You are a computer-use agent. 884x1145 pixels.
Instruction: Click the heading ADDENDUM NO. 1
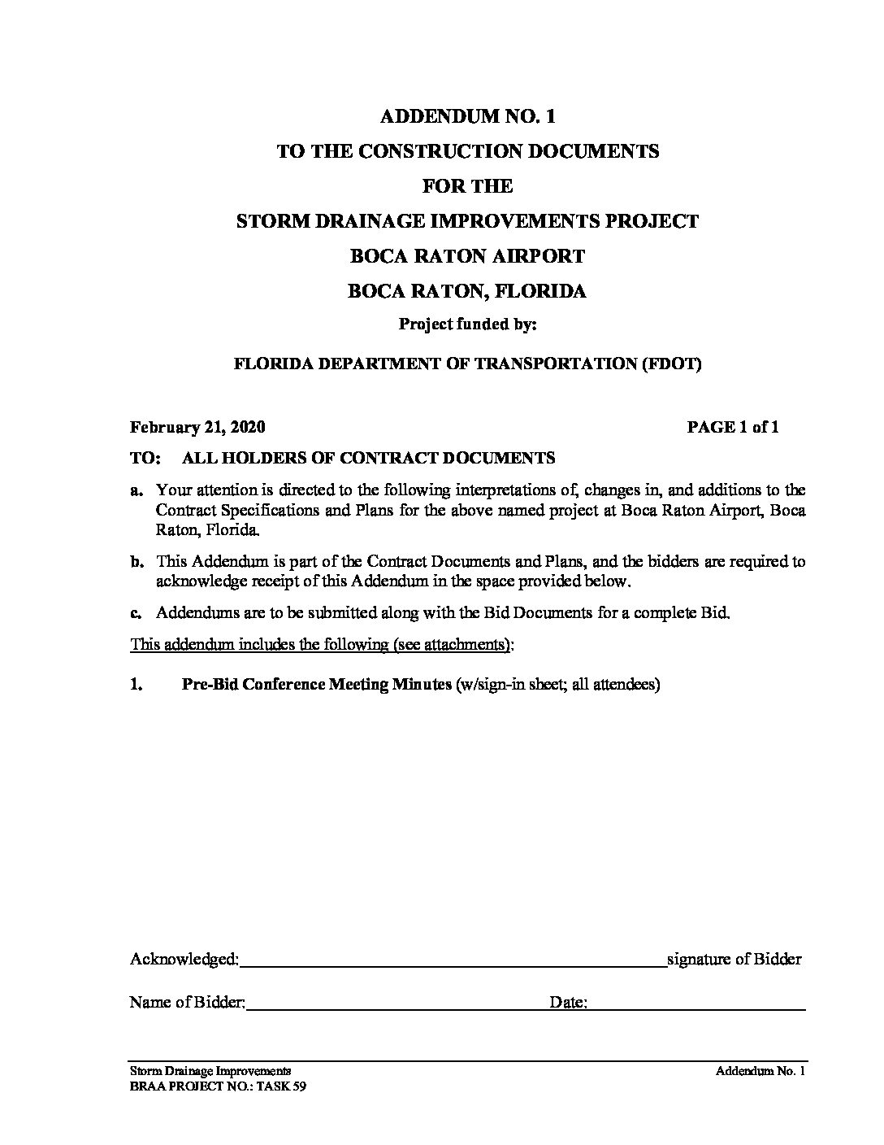point(467,116)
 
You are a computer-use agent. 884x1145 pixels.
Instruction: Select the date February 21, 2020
point(197,427)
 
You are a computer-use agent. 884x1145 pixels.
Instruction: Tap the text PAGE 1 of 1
point(733,427)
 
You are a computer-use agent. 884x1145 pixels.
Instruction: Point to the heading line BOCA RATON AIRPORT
point(467,256)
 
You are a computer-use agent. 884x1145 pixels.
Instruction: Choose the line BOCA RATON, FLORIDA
point(467,291)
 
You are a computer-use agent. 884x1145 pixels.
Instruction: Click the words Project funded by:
point(467,324)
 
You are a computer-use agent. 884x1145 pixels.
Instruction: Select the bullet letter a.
point(136,490)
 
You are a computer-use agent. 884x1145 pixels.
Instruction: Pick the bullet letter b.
point(136,561)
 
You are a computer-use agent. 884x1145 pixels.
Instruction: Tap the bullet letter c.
point(136,613)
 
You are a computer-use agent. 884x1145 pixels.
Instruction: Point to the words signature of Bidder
point(734,960)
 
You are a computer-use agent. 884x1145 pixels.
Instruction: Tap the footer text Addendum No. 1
point(760,1072)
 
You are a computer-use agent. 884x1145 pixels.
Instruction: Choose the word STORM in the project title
point(266,221)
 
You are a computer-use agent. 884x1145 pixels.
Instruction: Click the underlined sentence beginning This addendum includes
point(322,645)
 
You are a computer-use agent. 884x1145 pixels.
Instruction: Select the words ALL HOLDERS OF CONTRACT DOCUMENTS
point(369,458)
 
